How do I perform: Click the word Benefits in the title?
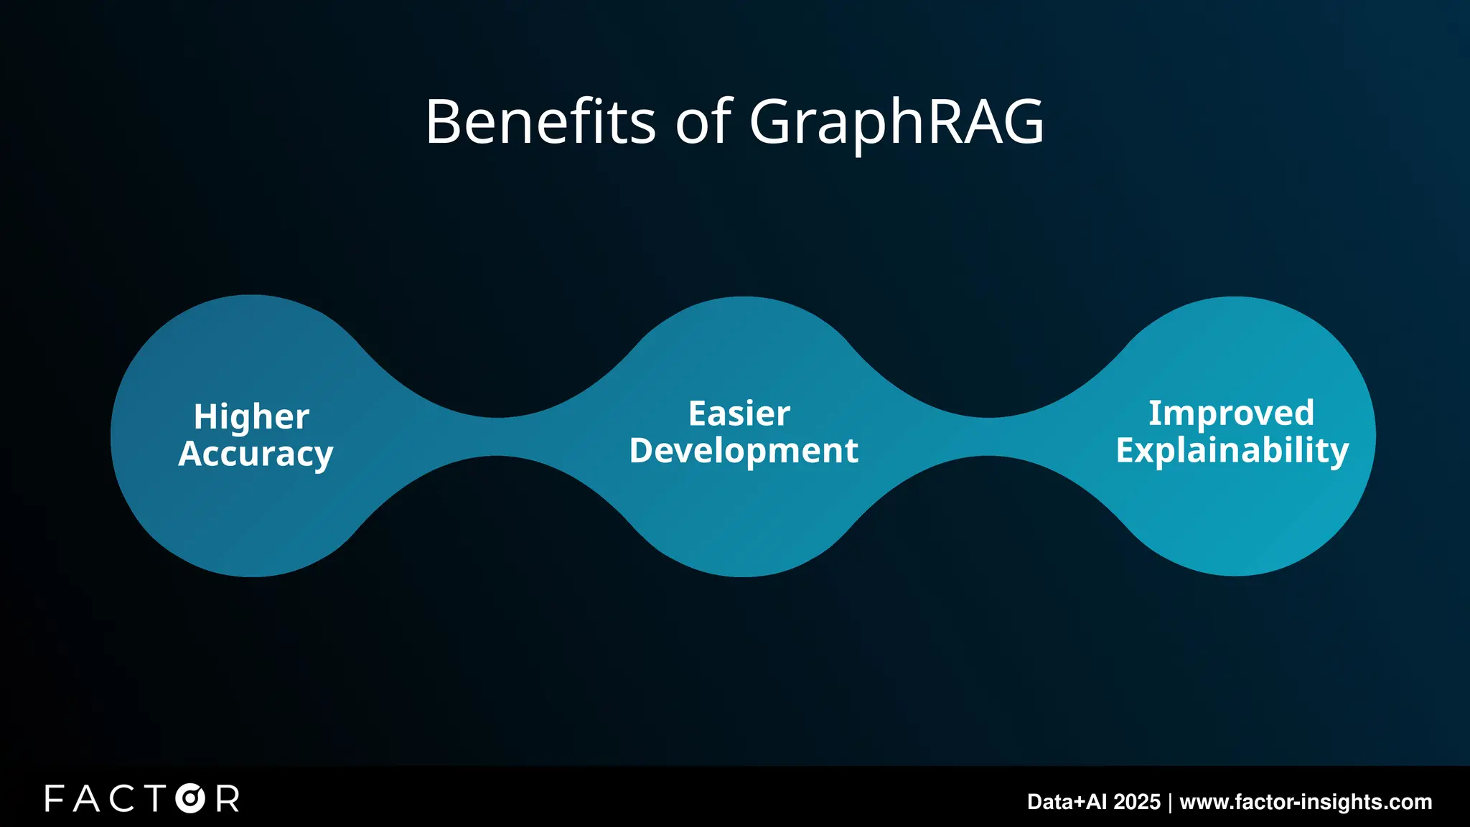coord(540,122)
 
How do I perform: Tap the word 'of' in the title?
coord(703,122)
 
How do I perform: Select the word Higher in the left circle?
coord(251,417)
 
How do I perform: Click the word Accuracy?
coord(256,454)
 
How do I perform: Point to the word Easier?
coord(739,413)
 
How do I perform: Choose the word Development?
coord(744,451)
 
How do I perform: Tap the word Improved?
coord(1231,413)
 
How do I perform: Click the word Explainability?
coord(1232,451)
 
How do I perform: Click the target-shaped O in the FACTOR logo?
coord(190,798)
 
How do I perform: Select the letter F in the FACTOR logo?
coord(55,798)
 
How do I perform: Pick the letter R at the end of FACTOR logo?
coord(228,798)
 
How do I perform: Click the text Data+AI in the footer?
coord(1057,802)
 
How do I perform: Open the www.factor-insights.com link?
coord(1306,802)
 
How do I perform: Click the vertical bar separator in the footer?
coord(1170,802)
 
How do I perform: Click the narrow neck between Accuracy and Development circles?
coord(497,436)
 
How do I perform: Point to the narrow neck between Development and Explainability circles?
coord(988,436)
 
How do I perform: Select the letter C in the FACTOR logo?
coord(121,798)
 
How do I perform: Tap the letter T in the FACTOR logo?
coord(154,798)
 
